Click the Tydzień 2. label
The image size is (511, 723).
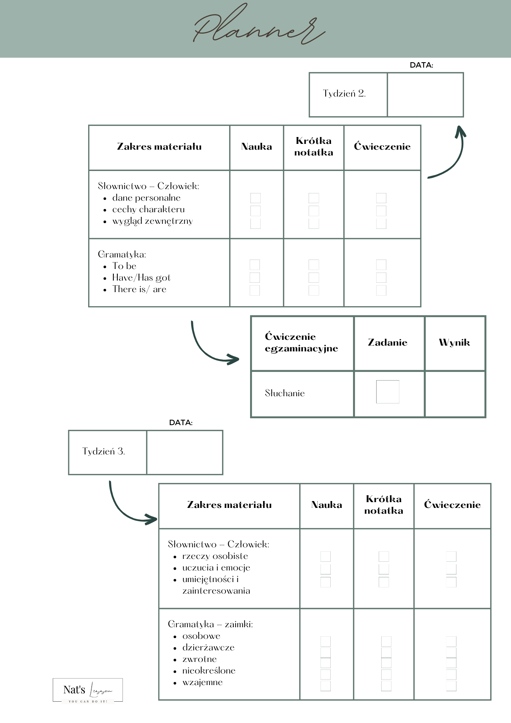(344, 94)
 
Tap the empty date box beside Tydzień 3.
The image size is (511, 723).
(185, 452)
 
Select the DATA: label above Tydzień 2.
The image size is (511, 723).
(421, 65)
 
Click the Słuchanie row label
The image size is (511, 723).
(285, 393)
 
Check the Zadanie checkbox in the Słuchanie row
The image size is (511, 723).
(387, 392)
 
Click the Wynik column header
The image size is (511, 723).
(454, 342)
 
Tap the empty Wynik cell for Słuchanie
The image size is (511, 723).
(455, 394)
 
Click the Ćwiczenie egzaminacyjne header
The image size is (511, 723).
(301, 342)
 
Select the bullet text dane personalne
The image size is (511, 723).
(146, 198)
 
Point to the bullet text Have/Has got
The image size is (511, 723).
(141, 278)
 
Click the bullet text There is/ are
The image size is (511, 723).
(139, 289)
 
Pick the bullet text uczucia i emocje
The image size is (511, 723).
(216, 568)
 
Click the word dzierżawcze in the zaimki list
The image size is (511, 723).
(208, 647)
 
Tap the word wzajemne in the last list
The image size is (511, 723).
(202, 682)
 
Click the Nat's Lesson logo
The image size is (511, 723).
(88, 690)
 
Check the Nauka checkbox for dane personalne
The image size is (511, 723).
(255, 198)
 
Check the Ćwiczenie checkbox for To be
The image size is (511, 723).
(381, 265)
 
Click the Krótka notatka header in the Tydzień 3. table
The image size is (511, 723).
(383, 505)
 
